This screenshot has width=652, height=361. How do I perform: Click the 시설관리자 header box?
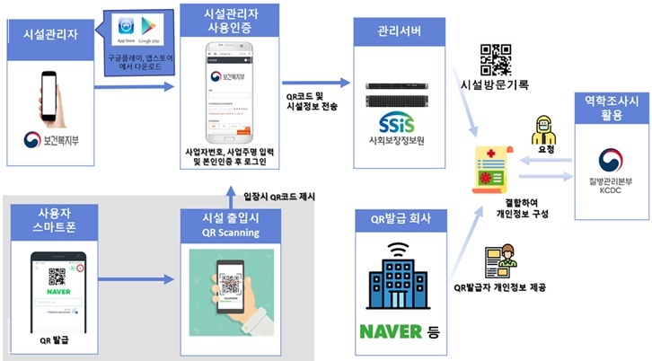(x=49, y=33)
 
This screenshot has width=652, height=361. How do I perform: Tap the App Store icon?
(x=124, y=32)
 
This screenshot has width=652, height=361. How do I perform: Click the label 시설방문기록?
(x=494, y=86)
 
